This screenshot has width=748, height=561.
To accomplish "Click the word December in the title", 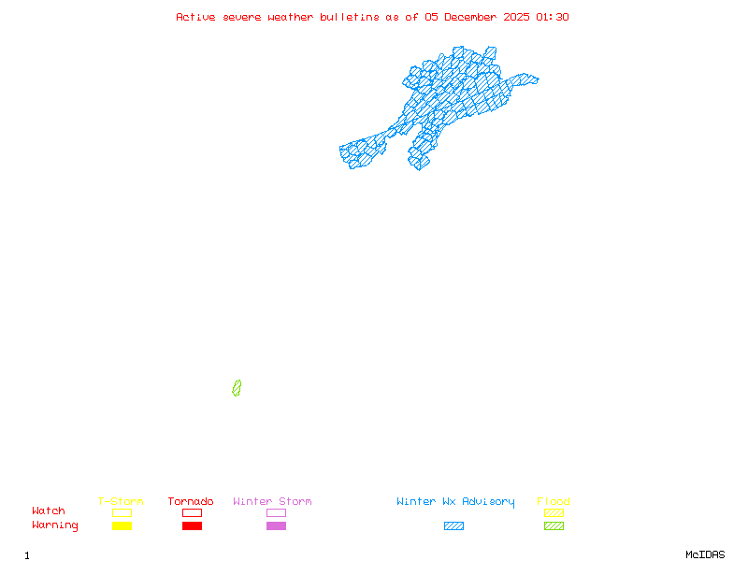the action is pyautogui.click(x=473, y=17).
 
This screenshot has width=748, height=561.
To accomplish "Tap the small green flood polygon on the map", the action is pyautogui.click(x=237, y=388).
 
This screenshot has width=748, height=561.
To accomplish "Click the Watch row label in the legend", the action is pyautogui.click(x=49, y=511).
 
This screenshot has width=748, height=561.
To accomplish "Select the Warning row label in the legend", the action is pyautogui.click(x=55, y=525).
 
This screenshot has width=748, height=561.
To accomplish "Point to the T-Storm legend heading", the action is pyautogui.click(x=121, y=502).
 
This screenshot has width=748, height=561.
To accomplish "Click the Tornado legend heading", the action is pyautogui.click(x=191, y=502).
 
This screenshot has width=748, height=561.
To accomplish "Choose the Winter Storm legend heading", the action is pyautogui.click(x=272, y=502).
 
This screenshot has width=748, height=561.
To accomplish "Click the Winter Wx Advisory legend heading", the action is pyautogui.click(x=455, y=502).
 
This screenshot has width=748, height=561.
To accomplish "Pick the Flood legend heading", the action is pyautogui.click(x=554, y=502).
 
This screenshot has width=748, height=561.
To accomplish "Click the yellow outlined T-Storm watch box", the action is pyautogui.click(x=122, y=512).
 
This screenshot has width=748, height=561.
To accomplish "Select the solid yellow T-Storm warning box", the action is pyautogui.click(x=122, y=526).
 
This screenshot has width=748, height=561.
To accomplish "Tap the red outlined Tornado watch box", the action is pyautogui.click(x=192, y=512).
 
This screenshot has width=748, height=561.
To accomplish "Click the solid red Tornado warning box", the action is pyautogui.click(x=192, y=526).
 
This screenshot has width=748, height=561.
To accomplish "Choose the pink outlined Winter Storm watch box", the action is pyautogui.click(x=276, y=512).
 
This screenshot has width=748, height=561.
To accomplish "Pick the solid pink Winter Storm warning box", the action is pyautogui.click(x=276, y=526).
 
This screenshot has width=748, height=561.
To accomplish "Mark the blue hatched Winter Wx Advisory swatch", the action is pyautogui.click(x=453, y=526).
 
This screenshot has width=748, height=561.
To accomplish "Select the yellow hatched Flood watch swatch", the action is pyautogui.click(x=554, y=512).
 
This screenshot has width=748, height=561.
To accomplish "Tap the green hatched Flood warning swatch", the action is pyautogui.click(x=554, y=526).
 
